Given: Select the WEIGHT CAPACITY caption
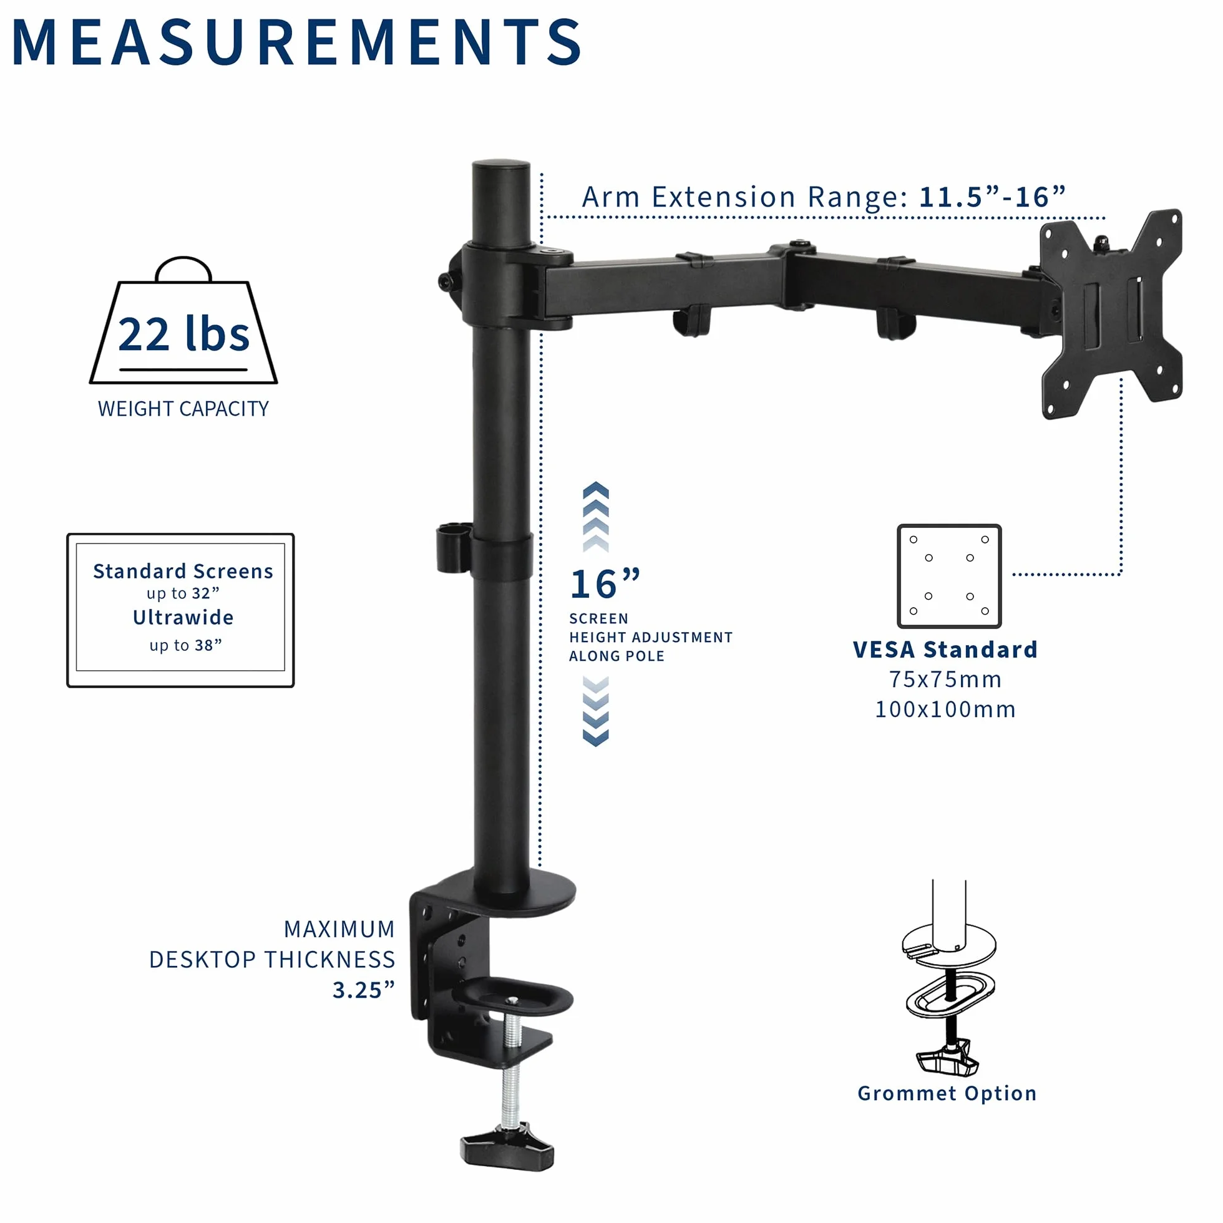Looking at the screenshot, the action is point(183,409).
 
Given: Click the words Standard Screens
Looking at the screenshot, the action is point(183,571).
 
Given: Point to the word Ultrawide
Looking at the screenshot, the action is point(183,617).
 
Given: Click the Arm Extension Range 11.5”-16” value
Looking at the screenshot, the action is point(992,197).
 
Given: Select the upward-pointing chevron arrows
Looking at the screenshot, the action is point(596,517).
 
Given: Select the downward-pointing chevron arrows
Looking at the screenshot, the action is point(596,711).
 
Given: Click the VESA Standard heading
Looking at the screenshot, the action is point(945,650).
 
